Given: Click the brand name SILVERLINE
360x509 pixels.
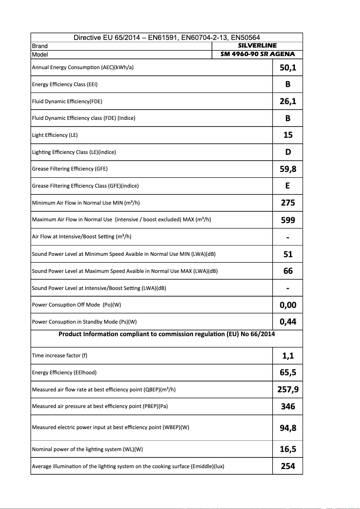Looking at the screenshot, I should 257,46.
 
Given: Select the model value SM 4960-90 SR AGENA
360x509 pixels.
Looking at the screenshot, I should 257,54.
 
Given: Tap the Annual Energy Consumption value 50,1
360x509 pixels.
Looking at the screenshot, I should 288,68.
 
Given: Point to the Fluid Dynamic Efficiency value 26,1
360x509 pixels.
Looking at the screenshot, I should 288,101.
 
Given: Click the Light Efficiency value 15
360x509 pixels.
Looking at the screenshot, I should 288,135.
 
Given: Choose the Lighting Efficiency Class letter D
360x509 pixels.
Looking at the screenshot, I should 288,152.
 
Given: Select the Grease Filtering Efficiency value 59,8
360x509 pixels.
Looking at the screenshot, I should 288,169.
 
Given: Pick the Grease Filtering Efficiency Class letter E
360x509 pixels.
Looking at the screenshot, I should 288,186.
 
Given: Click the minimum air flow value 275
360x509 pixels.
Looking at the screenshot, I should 288,203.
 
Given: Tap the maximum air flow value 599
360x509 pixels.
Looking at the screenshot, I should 288,220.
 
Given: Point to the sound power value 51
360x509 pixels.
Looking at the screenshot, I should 288,254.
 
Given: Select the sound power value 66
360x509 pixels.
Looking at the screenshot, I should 288,271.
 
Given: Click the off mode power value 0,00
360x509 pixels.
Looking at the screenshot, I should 288,305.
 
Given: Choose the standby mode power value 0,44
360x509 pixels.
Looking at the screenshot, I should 288,322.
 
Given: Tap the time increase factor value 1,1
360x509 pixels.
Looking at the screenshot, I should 288,356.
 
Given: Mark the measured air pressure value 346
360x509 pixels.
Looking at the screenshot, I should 288,406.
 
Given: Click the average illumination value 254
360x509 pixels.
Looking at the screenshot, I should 288,466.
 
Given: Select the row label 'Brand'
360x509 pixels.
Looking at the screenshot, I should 40,46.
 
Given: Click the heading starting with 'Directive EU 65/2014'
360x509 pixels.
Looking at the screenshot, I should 167,38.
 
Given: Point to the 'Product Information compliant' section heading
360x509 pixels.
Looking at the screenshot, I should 167,334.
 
